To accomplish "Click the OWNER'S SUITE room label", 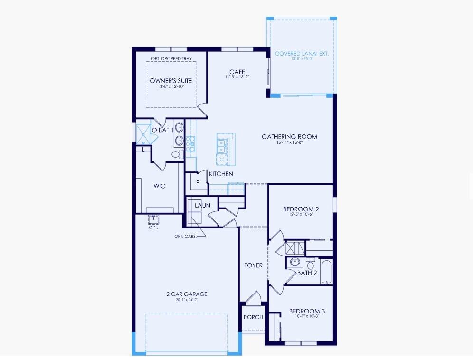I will point(171,81).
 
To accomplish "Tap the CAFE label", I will point(237,72).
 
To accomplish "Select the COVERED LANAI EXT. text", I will point(302,54).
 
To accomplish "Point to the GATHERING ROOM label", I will point(289,137).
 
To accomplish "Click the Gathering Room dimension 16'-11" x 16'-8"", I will point(289,143).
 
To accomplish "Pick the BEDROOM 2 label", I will point(301,209).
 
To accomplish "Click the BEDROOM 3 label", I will point(307,311).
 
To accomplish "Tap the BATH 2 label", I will point(307,273).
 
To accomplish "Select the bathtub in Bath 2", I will point(327,271).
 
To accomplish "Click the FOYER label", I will point(253,265).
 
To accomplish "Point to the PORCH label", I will point(253,317).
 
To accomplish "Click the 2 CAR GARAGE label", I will point(187,294).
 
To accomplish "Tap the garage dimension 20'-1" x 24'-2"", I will point(187,300).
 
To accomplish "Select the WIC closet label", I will point(160,186).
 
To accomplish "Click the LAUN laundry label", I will point(202,205).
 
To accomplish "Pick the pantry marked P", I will point(198,182).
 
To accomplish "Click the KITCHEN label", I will point(221,174).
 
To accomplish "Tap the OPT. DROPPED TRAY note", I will point(171,58).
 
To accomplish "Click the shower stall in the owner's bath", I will point(142,133).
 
